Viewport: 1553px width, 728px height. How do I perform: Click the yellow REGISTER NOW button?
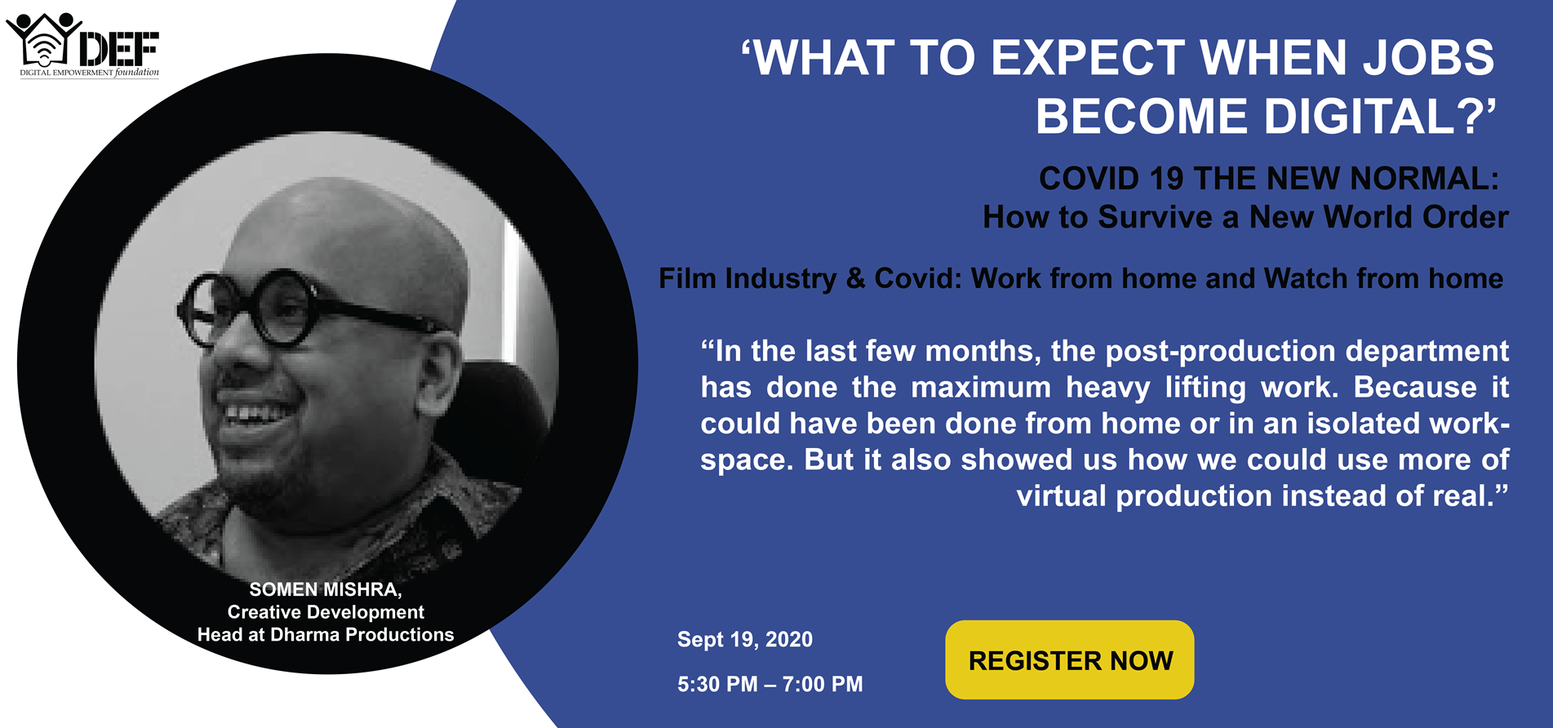1069,659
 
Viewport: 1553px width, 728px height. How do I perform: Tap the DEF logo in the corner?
82,46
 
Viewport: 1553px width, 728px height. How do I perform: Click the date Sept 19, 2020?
745,639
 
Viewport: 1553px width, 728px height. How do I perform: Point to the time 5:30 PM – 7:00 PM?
770,684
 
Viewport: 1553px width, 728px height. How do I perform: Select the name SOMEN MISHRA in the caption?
323,589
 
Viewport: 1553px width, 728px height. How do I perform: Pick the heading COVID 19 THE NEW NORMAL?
1269,178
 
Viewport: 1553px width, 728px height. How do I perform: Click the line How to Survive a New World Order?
1245,217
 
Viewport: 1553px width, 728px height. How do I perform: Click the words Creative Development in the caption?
326,612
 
